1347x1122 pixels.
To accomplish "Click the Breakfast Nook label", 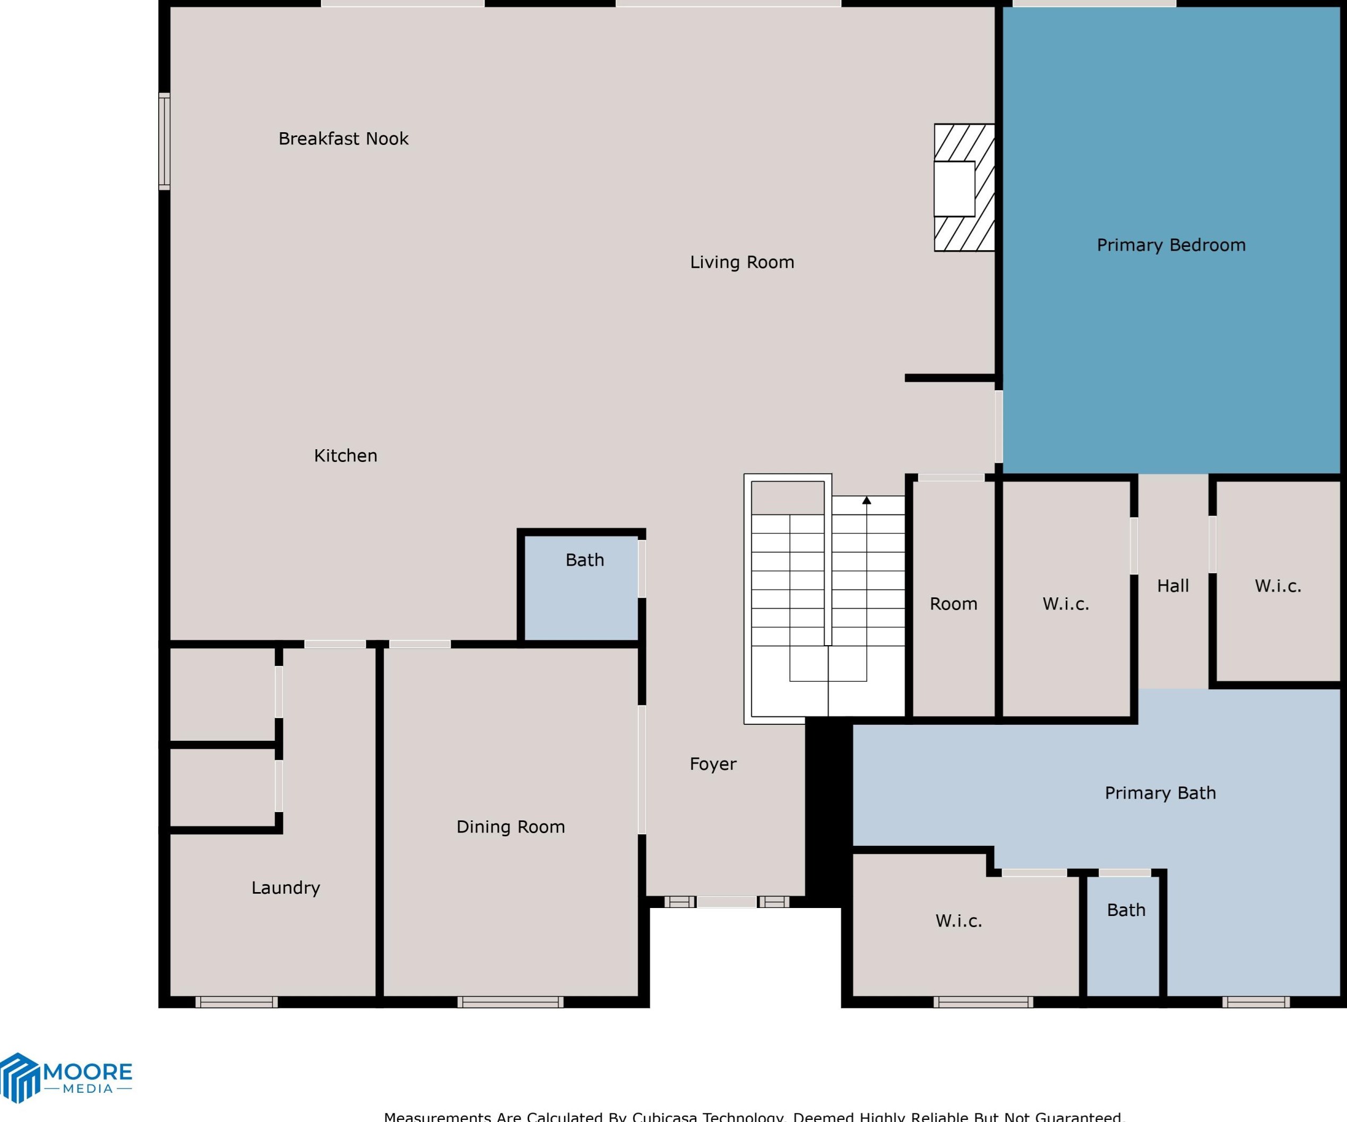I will (343, 139).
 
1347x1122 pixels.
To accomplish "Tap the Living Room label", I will (742, 262).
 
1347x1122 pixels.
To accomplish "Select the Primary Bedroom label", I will (1171, 245).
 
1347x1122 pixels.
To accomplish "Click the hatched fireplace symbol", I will (964, 187).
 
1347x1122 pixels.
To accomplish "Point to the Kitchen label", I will (345, 456).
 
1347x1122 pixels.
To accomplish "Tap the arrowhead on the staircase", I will (867, 500).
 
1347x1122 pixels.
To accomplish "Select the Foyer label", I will (713, 764).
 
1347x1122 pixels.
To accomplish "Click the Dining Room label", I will (511, 827).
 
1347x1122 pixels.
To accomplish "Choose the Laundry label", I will (286, 888).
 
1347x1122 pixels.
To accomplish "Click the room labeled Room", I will (953, 604).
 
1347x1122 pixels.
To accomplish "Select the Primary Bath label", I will (1160, 793).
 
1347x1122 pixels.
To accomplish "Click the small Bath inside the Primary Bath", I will (1126, 910).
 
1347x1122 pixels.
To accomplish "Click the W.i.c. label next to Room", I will (1065, 604).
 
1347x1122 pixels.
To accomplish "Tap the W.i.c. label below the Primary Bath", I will (959, 921).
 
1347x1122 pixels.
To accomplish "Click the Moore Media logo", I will (66, 1078).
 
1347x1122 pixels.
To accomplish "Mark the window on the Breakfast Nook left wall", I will (164, 141).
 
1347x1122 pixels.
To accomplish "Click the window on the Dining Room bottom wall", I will (511, 1002).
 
